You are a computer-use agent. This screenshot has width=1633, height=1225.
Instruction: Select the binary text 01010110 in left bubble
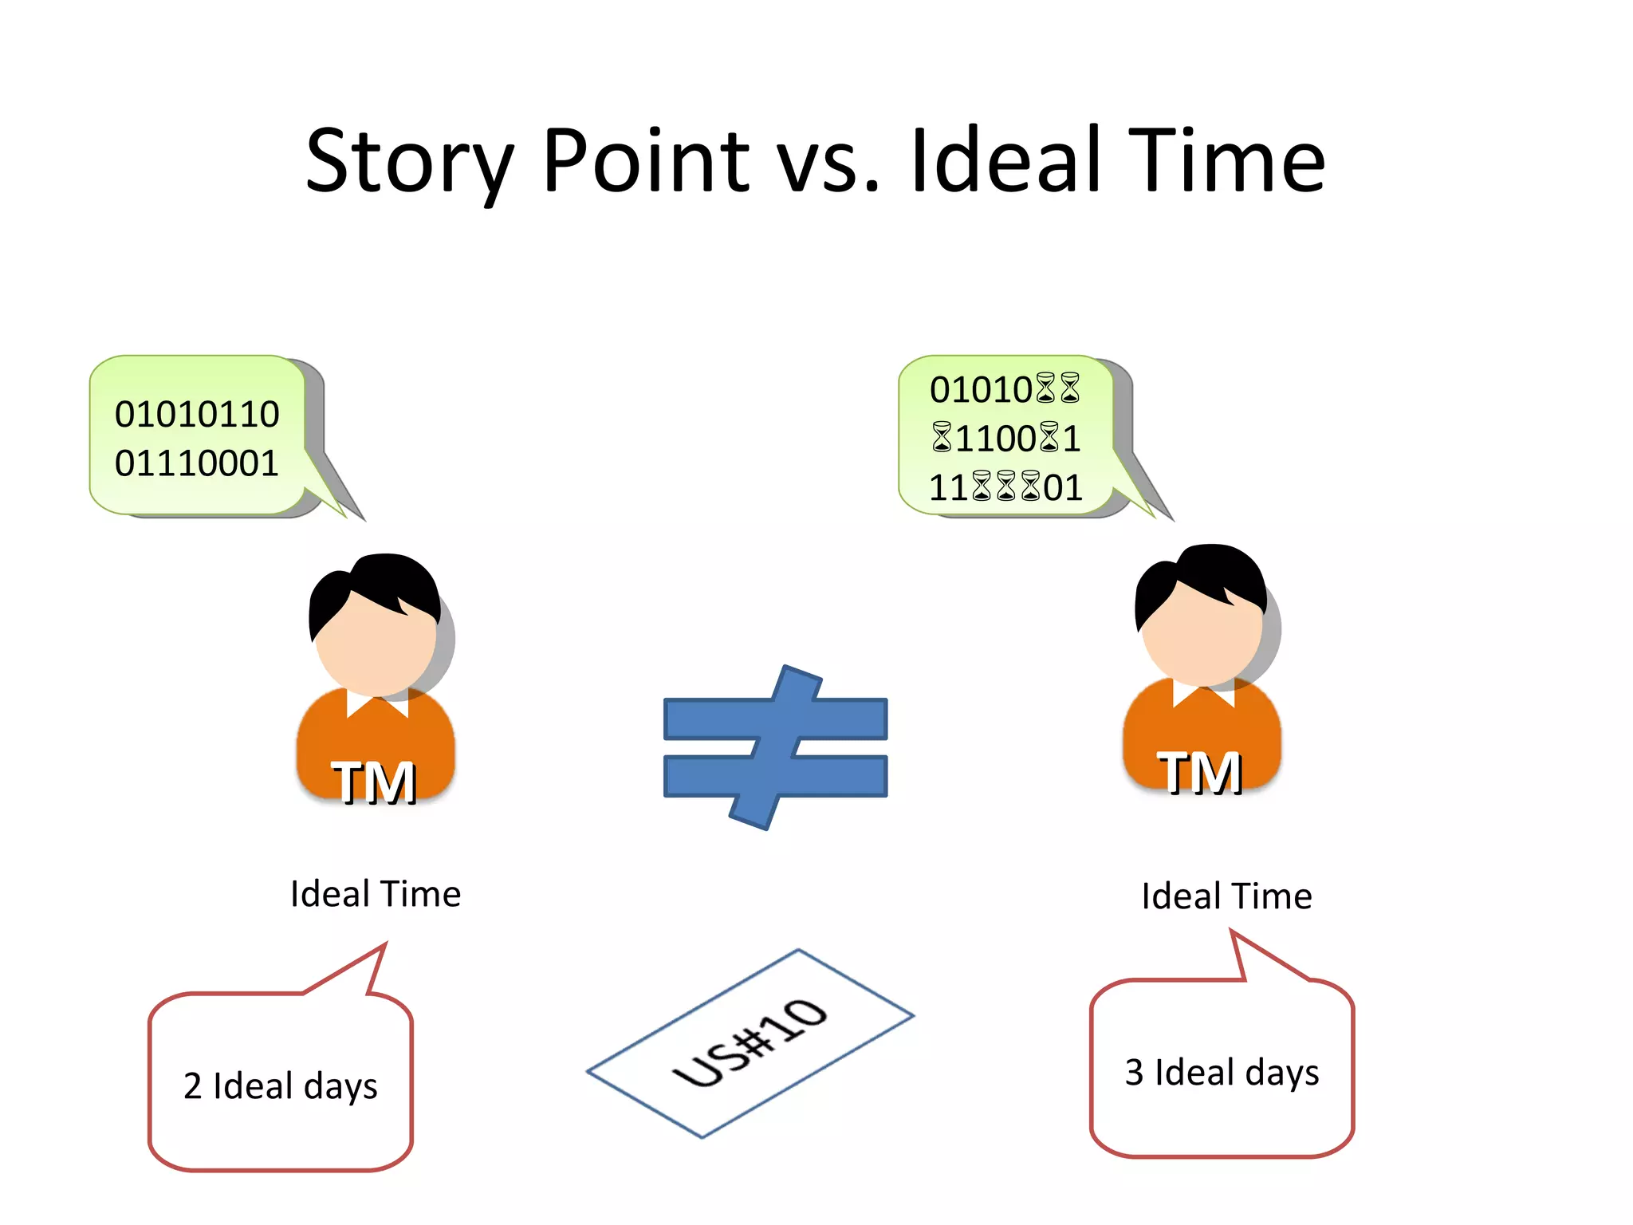click(x=197, y=414)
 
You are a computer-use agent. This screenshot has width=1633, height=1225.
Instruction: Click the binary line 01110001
click(x=197, y=463)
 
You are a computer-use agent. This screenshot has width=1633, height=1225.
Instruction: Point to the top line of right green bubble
click(x=1005, y=389)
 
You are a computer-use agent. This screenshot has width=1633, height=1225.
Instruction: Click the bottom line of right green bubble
click(x=1005, y=487)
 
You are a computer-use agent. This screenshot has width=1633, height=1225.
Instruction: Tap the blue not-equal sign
click(x=775, y=747)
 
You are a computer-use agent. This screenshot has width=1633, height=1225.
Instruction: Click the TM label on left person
click(x=374, y=782)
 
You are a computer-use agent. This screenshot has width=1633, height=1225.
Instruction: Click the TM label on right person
click(x=1200, y=773)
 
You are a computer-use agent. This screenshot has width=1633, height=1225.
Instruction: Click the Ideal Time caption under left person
click(x=376, y=894)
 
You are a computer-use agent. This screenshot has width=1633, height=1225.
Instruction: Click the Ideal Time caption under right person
click(x=1226, y=896)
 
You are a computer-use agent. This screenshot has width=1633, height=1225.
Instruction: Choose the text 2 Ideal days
click(x=281, y=1086)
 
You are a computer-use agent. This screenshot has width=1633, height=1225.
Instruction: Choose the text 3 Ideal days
click(x=1222, y=1073)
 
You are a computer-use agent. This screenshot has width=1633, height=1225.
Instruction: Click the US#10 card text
click(x=750, y=1043)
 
